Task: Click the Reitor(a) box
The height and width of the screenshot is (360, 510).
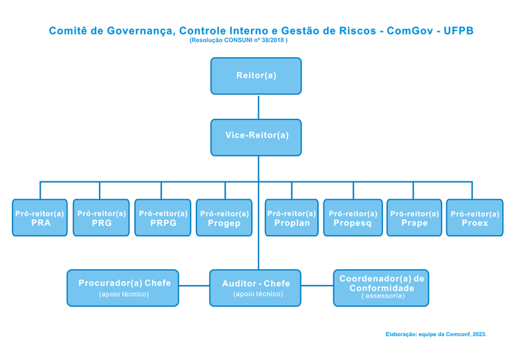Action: pos(256,76)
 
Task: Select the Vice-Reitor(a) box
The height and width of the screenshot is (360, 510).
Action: pos(256,137)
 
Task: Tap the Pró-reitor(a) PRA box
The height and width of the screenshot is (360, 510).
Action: pos(40,218)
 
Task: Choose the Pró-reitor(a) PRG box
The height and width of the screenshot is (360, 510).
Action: pos(101,218)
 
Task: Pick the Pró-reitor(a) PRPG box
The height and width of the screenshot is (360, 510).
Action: pos(163,218)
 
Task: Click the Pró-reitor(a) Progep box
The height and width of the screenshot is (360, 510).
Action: pos(224,218)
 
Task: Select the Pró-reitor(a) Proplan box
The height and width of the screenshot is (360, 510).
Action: pos(292,218)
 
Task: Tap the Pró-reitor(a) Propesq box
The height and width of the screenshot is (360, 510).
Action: pos(353,218)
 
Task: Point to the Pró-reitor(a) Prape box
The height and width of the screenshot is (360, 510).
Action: pos(414,218)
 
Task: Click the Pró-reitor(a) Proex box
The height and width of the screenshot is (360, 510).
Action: pos(474,218)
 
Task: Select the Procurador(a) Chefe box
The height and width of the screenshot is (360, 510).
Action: pos(123,288)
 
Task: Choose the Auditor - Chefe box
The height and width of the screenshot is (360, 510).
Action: pos(256,288)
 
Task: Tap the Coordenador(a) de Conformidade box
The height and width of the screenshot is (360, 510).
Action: pos(381,288)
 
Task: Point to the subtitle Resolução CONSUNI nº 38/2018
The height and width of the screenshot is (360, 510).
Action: pos(238,41)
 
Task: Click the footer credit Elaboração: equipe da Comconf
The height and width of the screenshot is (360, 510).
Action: pos(436,334)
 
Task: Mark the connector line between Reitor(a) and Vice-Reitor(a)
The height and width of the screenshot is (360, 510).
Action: pos(258,107)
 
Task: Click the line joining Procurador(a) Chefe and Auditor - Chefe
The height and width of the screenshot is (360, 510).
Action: pos(194,286)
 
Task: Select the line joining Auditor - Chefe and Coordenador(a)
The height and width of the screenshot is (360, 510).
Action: pos(317,286)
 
